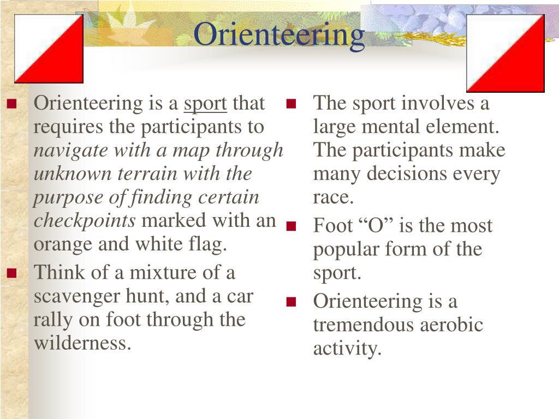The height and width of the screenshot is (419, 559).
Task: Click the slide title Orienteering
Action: [x=279, y=35]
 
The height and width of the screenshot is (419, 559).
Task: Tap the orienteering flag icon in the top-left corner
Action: [x=49, y=49]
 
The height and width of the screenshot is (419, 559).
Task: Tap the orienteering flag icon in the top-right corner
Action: [x=506, y=53]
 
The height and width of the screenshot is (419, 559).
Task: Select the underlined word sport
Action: [x=205, y=104]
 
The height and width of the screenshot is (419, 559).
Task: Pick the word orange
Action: [x=64, y=244]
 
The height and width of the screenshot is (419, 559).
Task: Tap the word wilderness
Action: [x=83, y=344]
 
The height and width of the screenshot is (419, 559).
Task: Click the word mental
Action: [x=390, y=127]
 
